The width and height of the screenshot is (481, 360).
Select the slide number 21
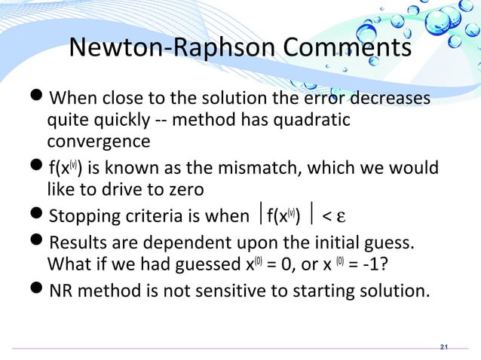click(443, 346)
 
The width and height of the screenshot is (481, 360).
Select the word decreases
click(389, 99)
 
